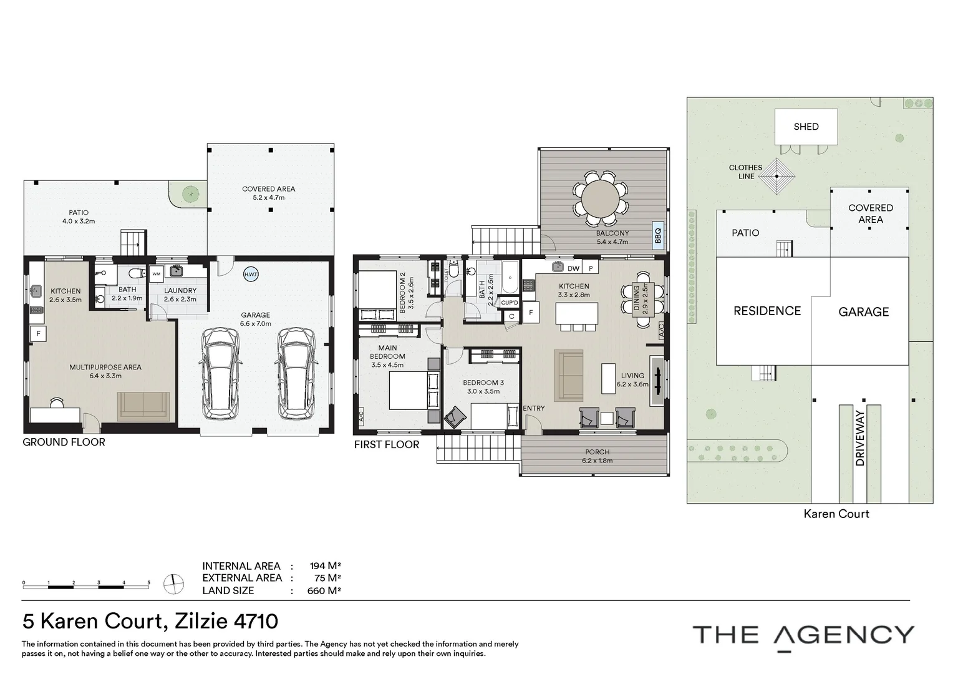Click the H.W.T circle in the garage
(251, 275)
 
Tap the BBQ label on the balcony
(657, 235)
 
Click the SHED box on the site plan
(806, 127)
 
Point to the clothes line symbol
(776, 176)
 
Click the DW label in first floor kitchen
(573, 268)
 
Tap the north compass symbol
(173, 584)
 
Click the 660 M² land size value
(324, 590)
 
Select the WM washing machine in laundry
(156, 274)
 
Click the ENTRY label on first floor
(534, 408)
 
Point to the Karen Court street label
(836, 514)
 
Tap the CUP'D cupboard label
(510, 303)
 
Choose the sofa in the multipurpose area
(143, 405)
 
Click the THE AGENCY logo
(803, 635)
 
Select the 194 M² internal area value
(325, 566)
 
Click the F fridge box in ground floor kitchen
(39, 334)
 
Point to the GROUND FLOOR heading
(64, 442)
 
